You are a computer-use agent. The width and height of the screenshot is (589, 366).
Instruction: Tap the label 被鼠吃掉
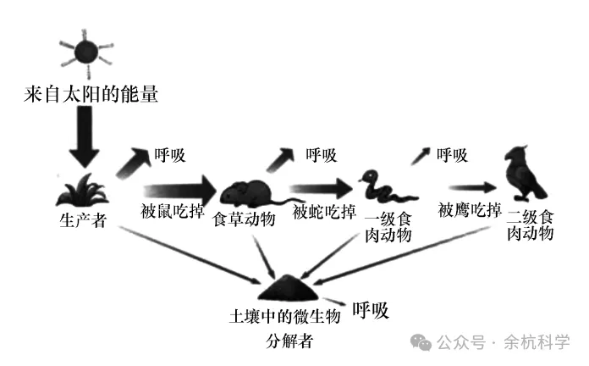tap(172, 211)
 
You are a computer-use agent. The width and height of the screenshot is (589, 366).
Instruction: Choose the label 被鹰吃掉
tap(470, 209)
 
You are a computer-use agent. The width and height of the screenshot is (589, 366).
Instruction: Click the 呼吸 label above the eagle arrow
tap(452, 155)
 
